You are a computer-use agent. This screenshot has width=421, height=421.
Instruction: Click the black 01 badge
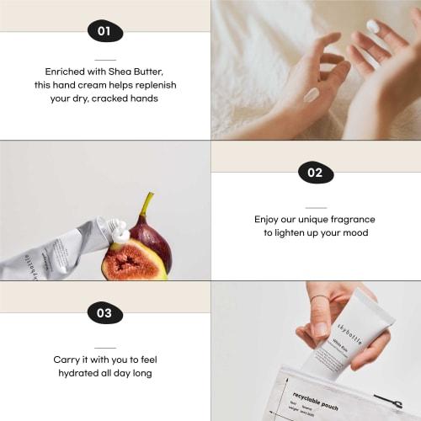pyautogui.click(x=104, y=32)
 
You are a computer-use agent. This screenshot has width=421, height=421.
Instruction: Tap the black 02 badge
pyautogui.click(x=315, y=173)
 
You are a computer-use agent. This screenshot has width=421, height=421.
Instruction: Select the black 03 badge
pyautogui.click(x=104, y=313)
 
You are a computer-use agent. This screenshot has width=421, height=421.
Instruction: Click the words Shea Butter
pyautogui.click(x=137, y=72)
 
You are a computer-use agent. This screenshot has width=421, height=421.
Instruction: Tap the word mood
pyautogui.click(x=352, y=233)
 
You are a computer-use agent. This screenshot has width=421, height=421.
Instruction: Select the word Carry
pyautogui.click(x=67, y=360)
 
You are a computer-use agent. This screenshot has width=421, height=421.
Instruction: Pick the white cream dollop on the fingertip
pyautogui.click(x=373, y=27)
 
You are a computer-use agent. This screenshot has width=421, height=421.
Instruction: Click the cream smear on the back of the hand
pyautogui.click(x=312, y=94)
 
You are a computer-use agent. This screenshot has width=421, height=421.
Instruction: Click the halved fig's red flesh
pyautogui.click(x=134, y=262)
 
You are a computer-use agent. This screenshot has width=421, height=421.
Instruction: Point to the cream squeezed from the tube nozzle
pyautogui.click(x=119, y=230)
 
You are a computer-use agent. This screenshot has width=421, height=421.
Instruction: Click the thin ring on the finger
pyautogui.click(x=319, y=298)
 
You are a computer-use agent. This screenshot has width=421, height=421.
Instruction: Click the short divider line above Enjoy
pyautogui.click(x=315, y=207)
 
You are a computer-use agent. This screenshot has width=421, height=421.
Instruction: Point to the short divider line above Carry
pyautogui.click(x=104, y=347)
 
